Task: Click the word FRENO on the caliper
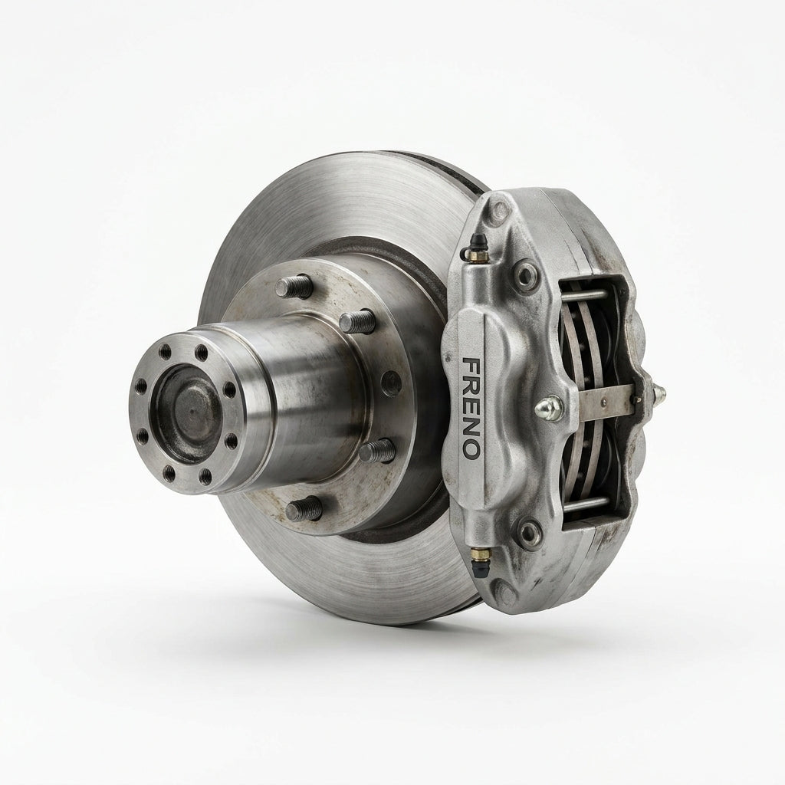tap(471, 408)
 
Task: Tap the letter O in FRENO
tap(471, 449)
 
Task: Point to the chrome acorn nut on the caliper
tap(549, 407)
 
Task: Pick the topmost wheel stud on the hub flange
tap(294, 287)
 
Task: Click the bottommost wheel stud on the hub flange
tap(304, 509)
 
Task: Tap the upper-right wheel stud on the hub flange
tap(357, 321)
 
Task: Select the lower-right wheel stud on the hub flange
tap(377, 451)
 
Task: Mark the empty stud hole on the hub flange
tap(391, 383)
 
